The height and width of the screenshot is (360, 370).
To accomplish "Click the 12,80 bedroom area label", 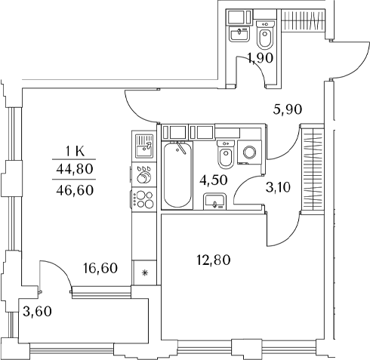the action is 214,260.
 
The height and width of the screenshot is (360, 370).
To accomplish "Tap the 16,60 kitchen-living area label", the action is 100,268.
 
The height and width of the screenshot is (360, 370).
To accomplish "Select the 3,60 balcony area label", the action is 37,312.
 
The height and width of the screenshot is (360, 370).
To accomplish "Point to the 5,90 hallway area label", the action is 288,109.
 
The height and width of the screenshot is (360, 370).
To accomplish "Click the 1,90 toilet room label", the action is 261,58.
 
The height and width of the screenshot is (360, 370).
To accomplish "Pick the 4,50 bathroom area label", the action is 214,180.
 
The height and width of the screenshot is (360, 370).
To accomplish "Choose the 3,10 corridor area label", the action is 278,187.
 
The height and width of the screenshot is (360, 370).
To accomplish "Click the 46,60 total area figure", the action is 75,190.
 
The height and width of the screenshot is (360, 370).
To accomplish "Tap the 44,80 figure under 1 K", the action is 75,169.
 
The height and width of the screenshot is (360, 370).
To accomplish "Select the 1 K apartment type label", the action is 75,152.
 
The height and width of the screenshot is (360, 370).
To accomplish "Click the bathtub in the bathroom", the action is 177,174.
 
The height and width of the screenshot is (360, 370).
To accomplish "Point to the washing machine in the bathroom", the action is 249,152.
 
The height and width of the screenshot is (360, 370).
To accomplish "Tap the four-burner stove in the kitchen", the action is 143,200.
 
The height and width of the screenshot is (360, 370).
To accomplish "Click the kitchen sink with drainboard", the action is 143,146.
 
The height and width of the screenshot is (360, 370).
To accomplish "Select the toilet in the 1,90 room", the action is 265,35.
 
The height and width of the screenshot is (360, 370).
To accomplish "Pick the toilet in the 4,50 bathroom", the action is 226,155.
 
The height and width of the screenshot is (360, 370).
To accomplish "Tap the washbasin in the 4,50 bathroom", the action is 214,202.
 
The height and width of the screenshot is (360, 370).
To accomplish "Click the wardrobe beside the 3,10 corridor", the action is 313,169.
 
